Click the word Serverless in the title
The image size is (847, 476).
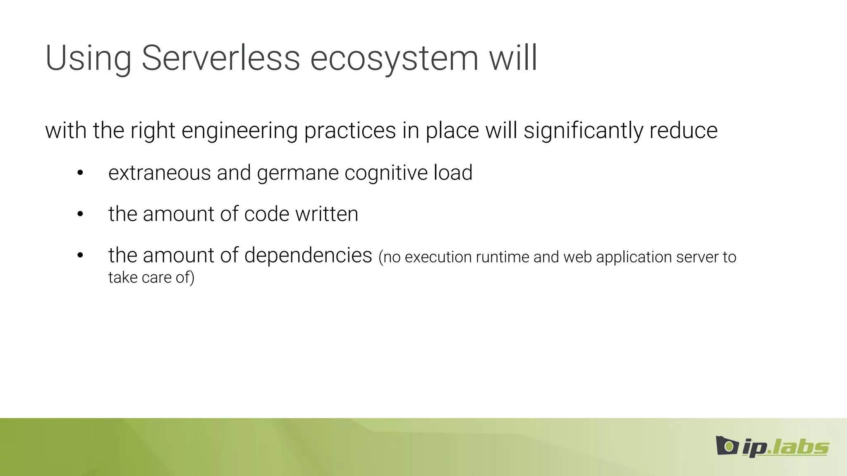220,58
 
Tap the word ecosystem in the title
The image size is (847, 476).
394,59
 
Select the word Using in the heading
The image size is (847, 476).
88,59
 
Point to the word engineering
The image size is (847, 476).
239,131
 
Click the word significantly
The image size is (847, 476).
583,131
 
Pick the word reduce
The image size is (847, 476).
683,131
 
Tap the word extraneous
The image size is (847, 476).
159,173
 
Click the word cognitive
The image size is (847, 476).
386,173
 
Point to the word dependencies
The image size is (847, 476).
308,255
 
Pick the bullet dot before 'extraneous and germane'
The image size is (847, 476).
80,173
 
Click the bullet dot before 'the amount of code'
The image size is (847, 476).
80,214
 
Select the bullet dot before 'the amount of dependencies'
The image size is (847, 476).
80,256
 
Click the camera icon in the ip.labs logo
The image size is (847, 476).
727,445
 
